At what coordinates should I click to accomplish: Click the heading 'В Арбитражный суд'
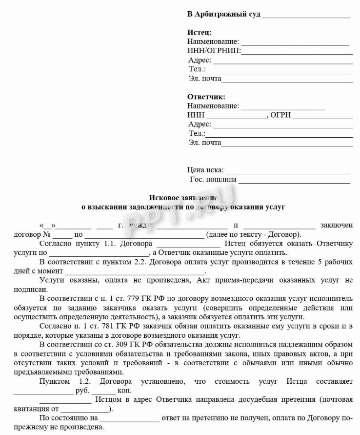click(x=223, y=14)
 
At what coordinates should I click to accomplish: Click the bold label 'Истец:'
click(x=200, y=33)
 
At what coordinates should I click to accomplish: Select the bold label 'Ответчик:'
click(x=206, y=97)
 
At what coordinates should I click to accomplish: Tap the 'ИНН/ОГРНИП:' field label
click(x=214, y=51)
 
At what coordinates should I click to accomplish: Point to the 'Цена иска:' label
click(x=205, y=170)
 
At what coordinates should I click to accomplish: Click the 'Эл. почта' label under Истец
click(x=205, y=79)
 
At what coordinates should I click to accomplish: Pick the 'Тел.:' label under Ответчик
click(x=197, y=134)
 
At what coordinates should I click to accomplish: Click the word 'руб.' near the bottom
click(x=81, y=391)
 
